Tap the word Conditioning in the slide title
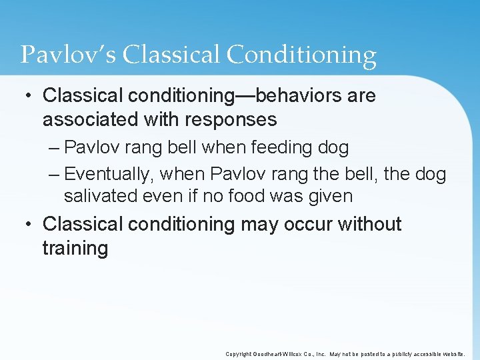coord(302,55)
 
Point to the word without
coord(369,225)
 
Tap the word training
coord(75,249)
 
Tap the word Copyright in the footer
coord(239,354)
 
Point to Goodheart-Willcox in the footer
coord(277,354)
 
